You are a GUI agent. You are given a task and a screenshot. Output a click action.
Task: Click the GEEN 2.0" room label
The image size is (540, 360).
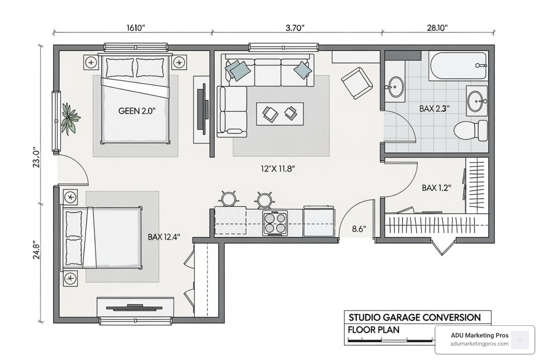pos(137,111)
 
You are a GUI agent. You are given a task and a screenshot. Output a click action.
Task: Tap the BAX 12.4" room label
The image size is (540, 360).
pos(164,237)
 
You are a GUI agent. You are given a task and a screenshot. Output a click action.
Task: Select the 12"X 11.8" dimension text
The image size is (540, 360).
pos(277,169)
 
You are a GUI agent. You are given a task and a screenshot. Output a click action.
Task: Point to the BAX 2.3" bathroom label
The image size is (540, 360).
pos(434,109)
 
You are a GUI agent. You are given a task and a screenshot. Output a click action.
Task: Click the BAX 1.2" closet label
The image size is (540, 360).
pos(436,188)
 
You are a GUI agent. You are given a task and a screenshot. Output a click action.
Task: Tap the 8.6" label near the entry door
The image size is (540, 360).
pos(359,229)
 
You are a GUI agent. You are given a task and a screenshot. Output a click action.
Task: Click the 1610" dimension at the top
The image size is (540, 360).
pos(136,28)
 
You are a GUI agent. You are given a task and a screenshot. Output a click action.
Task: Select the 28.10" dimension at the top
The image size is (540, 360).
pos(437,28)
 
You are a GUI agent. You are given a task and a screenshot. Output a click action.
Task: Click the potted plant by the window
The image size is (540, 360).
pos(70,118)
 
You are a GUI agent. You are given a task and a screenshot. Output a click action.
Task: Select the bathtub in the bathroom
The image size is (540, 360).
pos(457,66)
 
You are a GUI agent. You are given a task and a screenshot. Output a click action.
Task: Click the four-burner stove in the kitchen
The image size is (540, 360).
pos(275,223)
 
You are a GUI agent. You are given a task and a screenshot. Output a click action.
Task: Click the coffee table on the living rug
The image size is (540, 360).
pos(280,114)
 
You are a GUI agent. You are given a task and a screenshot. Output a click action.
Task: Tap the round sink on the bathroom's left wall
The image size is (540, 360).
pos(396,87)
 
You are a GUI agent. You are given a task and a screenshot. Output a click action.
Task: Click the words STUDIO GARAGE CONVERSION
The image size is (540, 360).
pos(414,317)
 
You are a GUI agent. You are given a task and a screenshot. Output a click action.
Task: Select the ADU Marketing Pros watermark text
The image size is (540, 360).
pos(480,335)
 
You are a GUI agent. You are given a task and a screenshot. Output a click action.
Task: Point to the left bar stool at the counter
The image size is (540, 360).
pos(229,199)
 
